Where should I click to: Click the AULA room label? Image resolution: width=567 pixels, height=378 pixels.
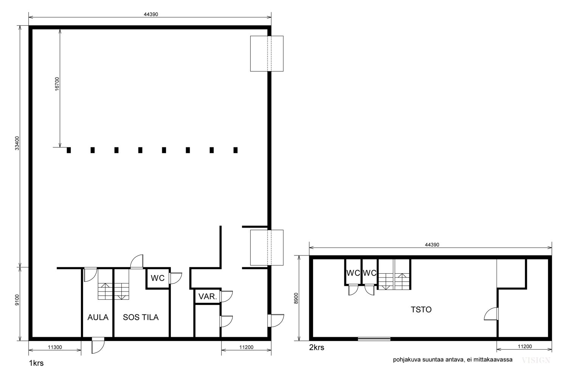click(x=98, y=317)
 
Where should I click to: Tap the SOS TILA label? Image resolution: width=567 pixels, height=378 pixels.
click(x=141, y=317)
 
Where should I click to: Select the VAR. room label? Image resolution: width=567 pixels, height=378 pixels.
click(x=208, y=296)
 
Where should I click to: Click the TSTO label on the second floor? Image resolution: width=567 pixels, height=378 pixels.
click(x=421, y=309)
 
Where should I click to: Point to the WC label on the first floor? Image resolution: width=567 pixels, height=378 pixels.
click(x=158, y=278)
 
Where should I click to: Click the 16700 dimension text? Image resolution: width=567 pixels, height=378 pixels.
click(x=57, y=84)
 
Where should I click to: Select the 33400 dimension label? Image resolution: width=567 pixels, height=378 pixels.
click(x=17, y=143)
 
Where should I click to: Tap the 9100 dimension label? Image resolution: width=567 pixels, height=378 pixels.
click(x=17, y=300)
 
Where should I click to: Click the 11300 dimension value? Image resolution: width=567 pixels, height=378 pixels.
click(x=55, y=347)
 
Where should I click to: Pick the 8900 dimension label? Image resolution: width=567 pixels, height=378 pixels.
click(x=296, y=298)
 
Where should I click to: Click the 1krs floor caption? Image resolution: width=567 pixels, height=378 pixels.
click(x=36, y=363)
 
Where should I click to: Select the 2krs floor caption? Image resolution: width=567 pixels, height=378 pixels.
click(x=317, y=347)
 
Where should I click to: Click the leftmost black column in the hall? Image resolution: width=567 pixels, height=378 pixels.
click(x=69, y=150)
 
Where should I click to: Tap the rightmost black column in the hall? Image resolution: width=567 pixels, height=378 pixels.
click(x=235, y=150)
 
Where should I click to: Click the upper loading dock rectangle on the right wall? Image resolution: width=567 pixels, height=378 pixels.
click(x=267, y=54)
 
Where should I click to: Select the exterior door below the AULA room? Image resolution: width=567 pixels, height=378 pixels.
click(x=98, y=345)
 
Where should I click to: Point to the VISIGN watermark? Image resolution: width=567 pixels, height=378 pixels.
click(x=536, y=360)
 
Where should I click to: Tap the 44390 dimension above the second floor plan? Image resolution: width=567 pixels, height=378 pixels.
click(x=432, y=245)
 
